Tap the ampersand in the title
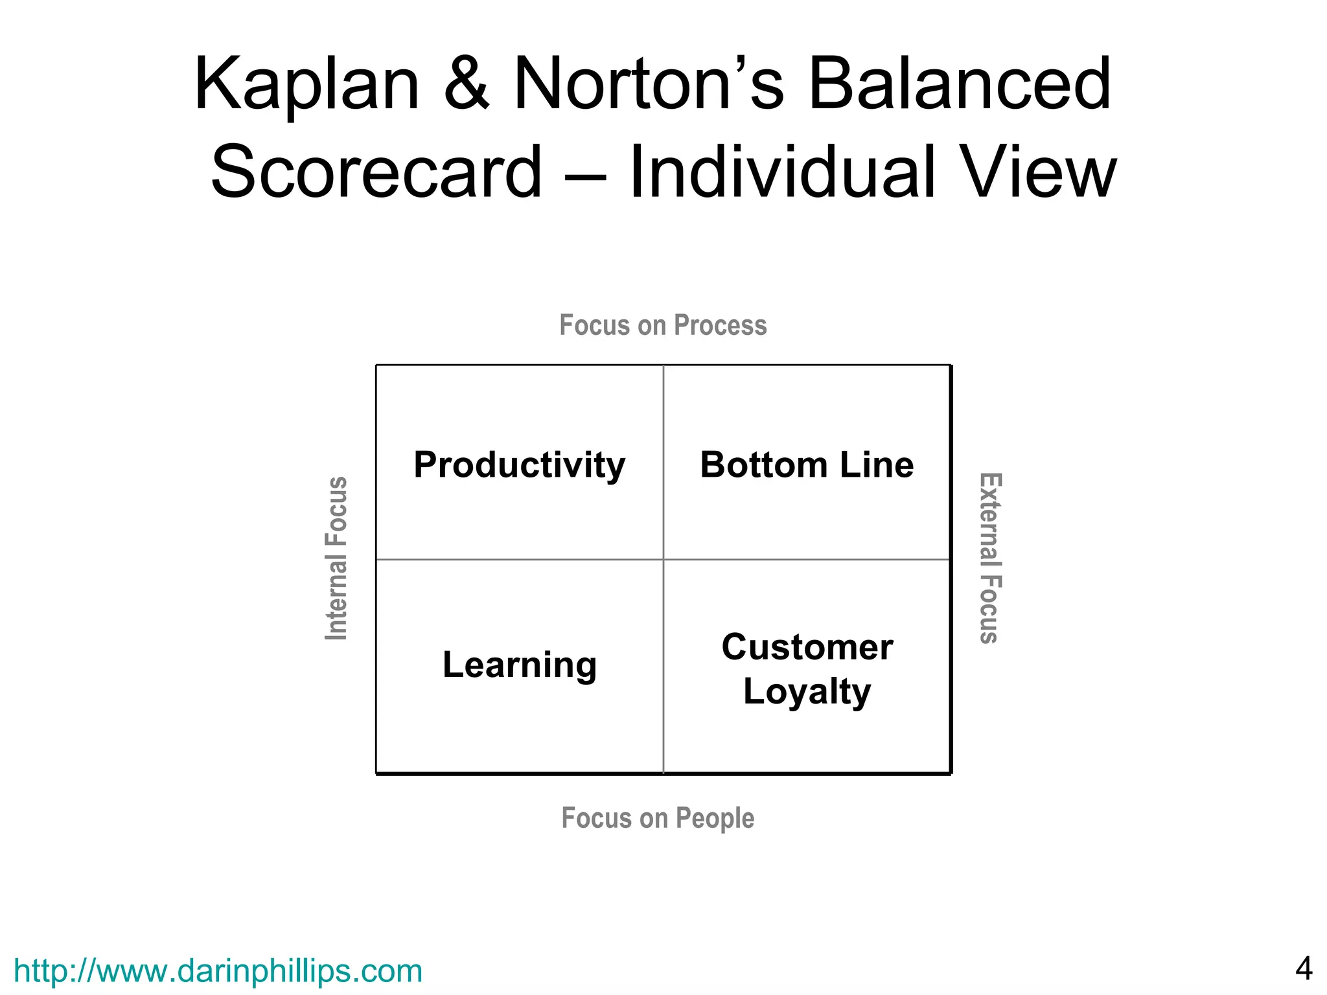[x=467, y=85]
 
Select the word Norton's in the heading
[x=649, y=85]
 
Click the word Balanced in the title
[x=960, y=85]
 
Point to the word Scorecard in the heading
[x=376, y=172]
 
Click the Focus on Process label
[x=663, y=325]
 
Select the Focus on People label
[x=658, y=818]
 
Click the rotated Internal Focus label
[x=336, y=558]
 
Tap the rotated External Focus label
[x=990, y=558]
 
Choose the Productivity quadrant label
[x=520, y=465]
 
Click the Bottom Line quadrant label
[x=807, y=465]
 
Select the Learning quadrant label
[x=520, y=665]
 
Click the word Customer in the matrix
[x=807, y=647]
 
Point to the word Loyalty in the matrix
[x=807, y=692]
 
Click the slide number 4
[x=1304, y=969]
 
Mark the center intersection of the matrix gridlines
[x=663, y=559]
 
